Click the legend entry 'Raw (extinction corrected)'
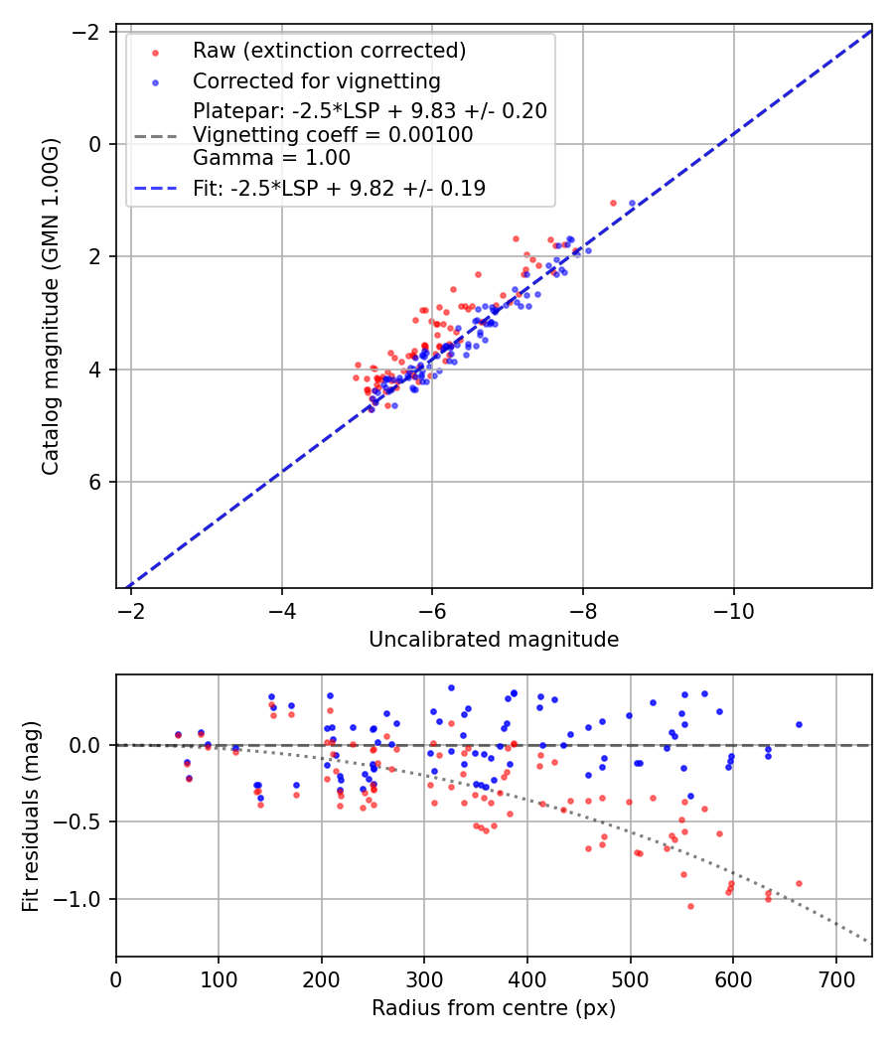(329, 51)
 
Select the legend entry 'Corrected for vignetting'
(316, 80)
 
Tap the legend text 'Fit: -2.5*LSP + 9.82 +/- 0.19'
(339, 188)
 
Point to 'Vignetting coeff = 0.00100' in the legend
(333, 134)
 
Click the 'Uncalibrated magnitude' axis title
(494, 640)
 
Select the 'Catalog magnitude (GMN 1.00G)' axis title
(51, 307)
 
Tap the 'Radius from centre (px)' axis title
(494, 1008)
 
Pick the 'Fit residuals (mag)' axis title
(31, 815)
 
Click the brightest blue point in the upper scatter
(632, 204)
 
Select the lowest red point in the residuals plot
(690, 906)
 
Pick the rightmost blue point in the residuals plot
(799, 724)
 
